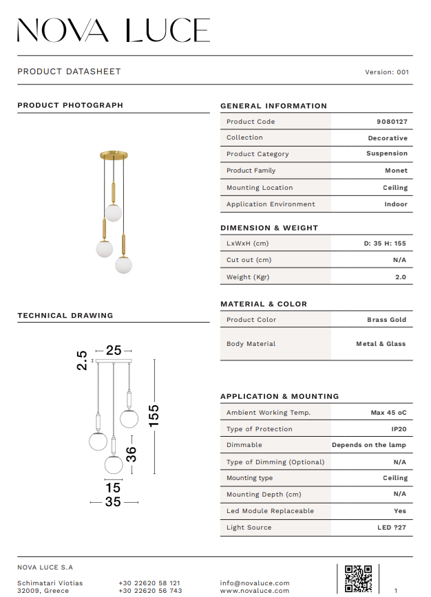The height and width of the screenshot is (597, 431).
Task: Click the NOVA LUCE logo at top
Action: coord(114,30)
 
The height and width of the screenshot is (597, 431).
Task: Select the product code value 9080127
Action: coord(392,122)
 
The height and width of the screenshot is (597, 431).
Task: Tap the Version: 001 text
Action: coord(387,72)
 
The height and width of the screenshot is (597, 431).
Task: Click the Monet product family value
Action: coord(396,171)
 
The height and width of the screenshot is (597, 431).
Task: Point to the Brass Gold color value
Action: coord(386,320)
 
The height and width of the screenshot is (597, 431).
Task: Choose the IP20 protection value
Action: coord(399,429)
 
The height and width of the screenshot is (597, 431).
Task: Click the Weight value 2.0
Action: coord(400,277)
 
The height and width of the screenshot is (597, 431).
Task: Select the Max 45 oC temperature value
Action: coord(389,413)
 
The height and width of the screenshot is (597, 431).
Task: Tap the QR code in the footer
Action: coord(358,578)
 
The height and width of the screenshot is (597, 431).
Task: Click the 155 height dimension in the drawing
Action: coord(154,415)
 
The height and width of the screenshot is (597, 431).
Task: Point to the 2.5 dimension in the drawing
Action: coord(82,360)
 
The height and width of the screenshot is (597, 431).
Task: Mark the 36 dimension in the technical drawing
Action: coord(132,454)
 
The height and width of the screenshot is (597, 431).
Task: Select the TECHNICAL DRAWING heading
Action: coord(65,316)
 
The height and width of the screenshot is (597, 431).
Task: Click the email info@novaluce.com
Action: coord(255,583)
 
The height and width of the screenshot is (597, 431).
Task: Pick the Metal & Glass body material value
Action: coord(381,344)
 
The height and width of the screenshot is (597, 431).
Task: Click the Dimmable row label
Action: coord(244,445)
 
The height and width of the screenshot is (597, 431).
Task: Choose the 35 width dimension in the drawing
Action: coord(113,502)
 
